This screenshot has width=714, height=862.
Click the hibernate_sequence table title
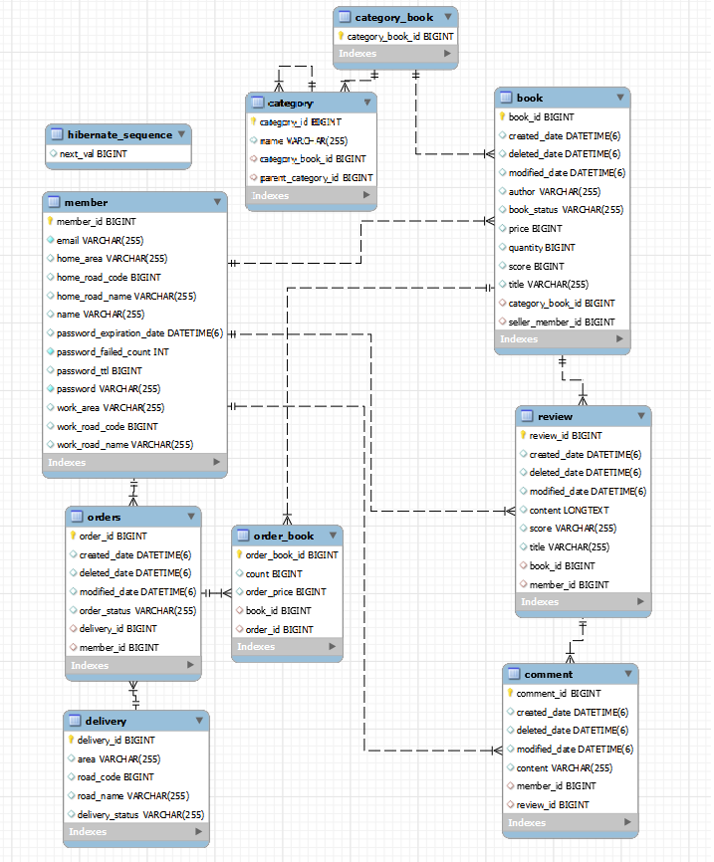pos(119,134)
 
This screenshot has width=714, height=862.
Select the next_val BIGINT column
pos(94,154)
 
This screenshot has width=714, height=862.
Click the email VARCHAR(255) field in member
pos(100,240)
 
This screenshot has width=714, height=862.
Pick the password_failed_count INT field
pos(113,351)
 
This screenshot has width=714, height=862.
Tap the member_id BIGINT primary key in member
pos(97,221)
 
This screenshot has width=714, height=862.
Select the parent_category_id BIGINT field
pos(317,177)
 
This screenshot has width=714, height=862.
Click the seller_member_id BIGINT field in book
pos(562,322)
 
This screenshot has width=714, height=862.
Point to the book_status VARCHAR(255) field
pos(566,210)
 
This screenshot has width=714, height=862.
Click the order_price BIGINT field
pos(286,592)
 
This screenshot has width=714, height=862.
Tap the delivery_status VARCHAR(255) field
pos(140,814)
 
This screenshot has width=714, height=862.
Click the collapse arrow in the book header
pos(620,98)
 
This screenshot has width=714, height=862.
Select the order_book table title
pos(283,536)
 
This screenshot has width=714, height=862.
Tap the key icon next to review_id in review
pos(523,435)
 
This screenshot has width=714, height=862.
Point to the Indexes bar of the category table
pos(311,196)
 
